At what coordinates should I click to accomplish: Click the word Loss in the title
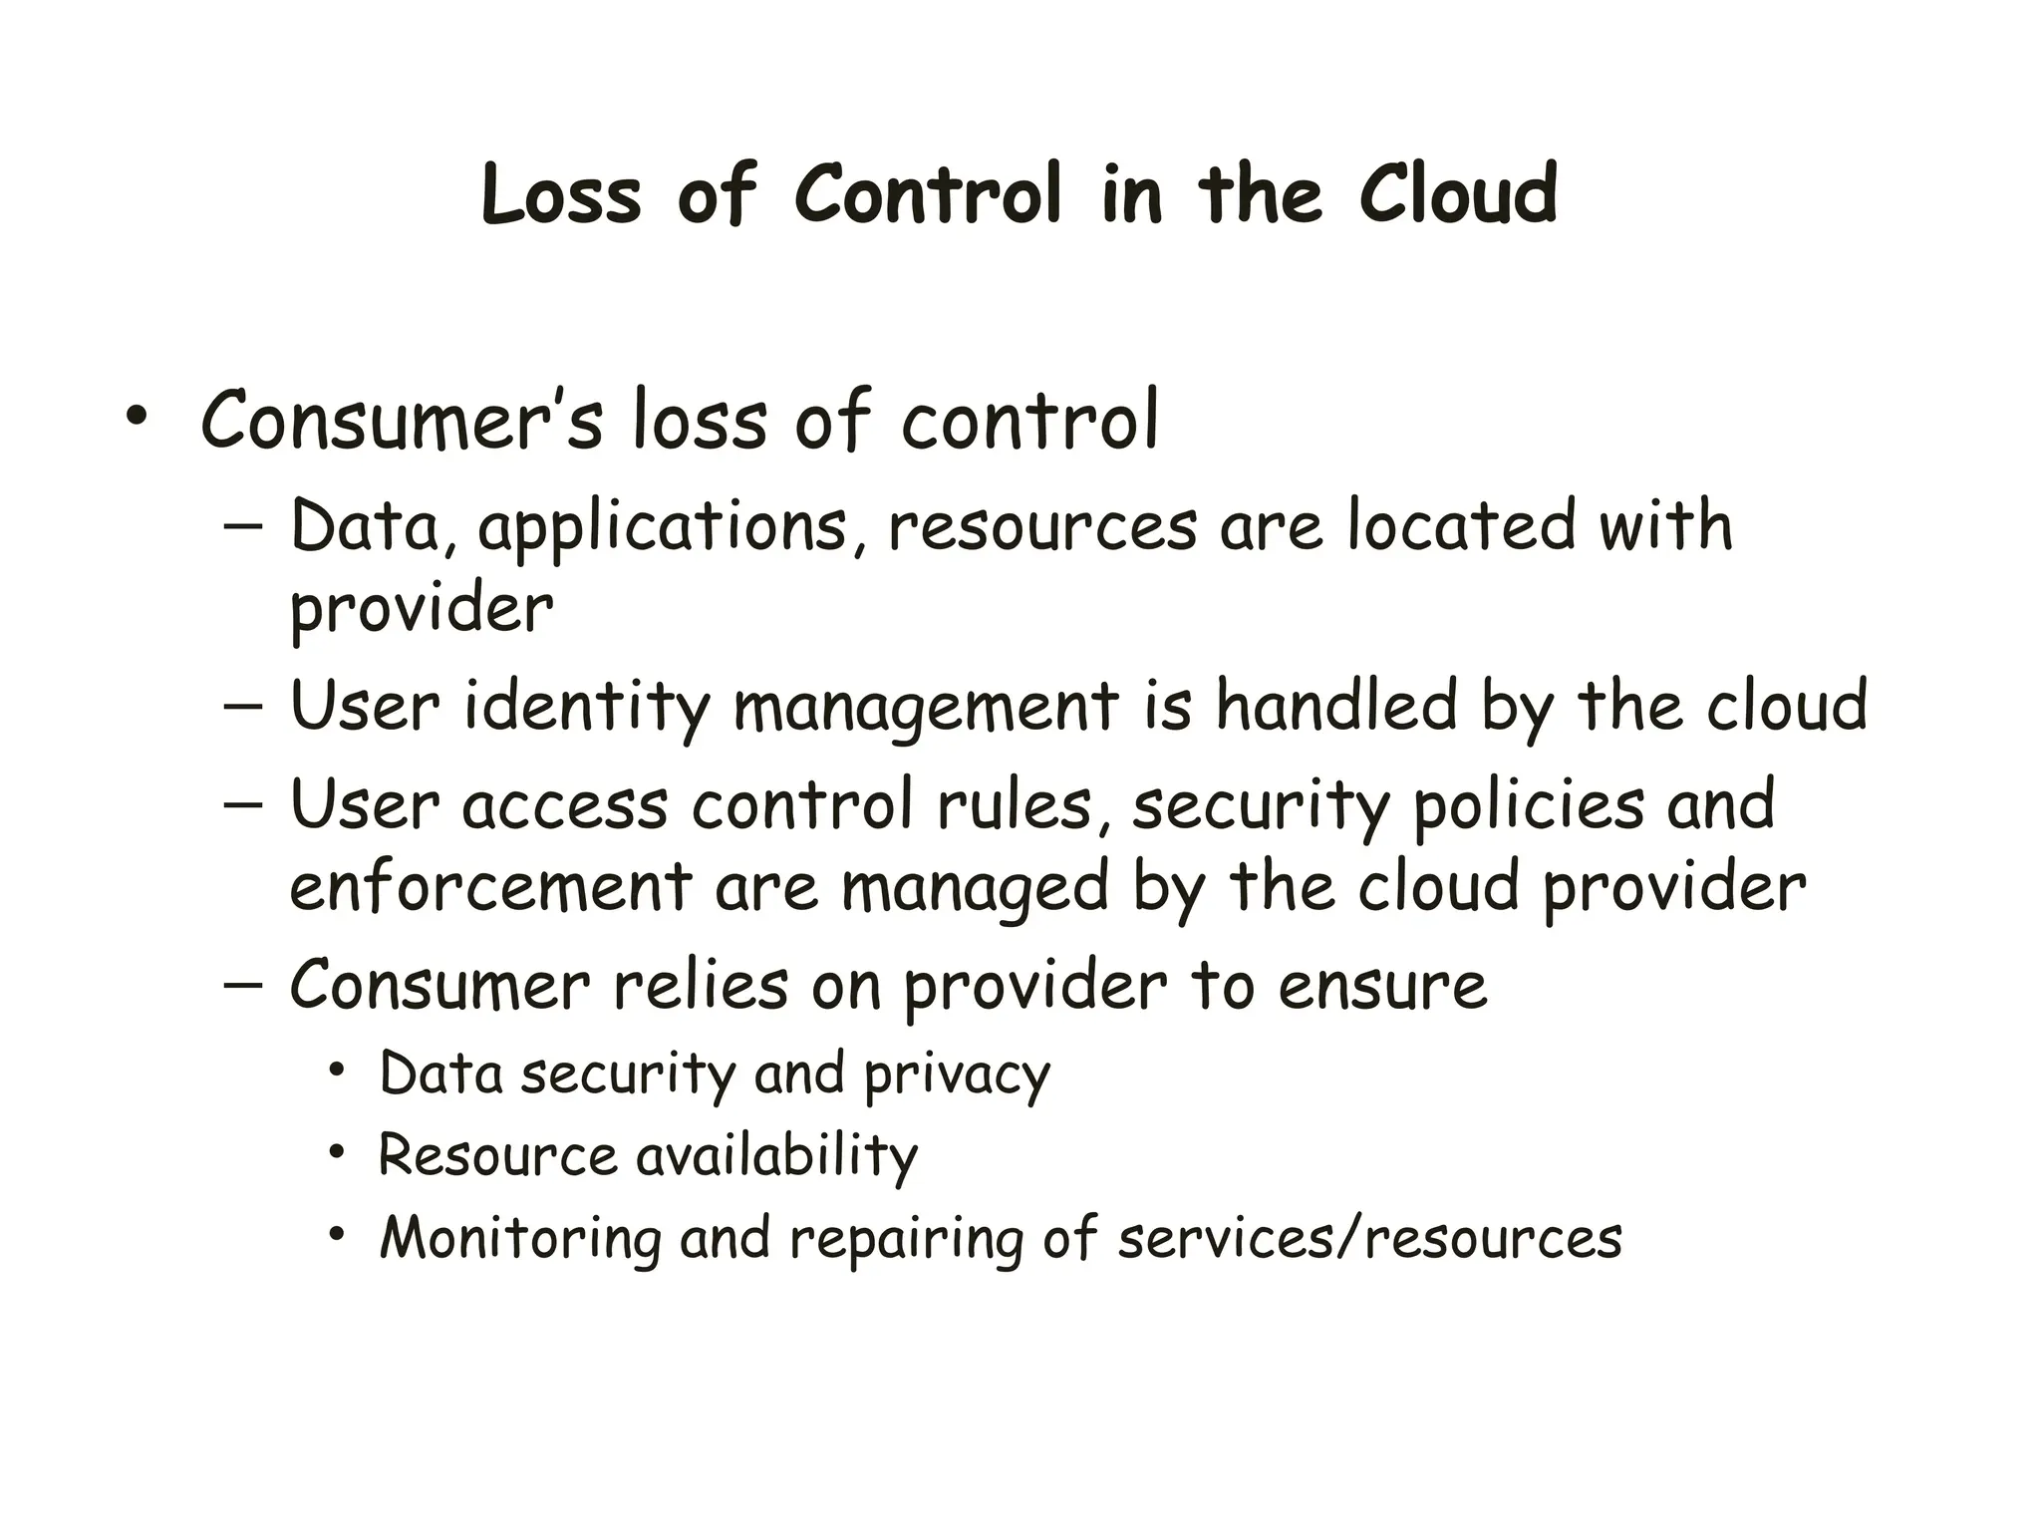click(x=561, y=194)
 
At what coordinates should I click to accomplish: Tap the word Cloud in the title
click(x=1457, y=194)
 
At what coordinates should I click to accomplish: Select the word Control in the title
click(x=928, y=194)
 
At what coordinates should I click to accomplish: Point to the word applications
click(x=663, y=529)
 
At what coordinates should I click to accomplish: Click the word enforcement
click(x=490, y=886)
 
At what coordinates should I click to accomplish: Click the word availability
click(x=776, y=1157)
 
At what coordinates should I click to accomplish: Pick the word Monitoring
click(x=520, y=1240)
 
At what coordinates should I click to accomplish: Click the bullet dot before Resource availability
click(x=338, y=1153)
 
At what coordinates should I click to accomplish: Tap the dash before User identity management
click(x=243, y=706)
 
